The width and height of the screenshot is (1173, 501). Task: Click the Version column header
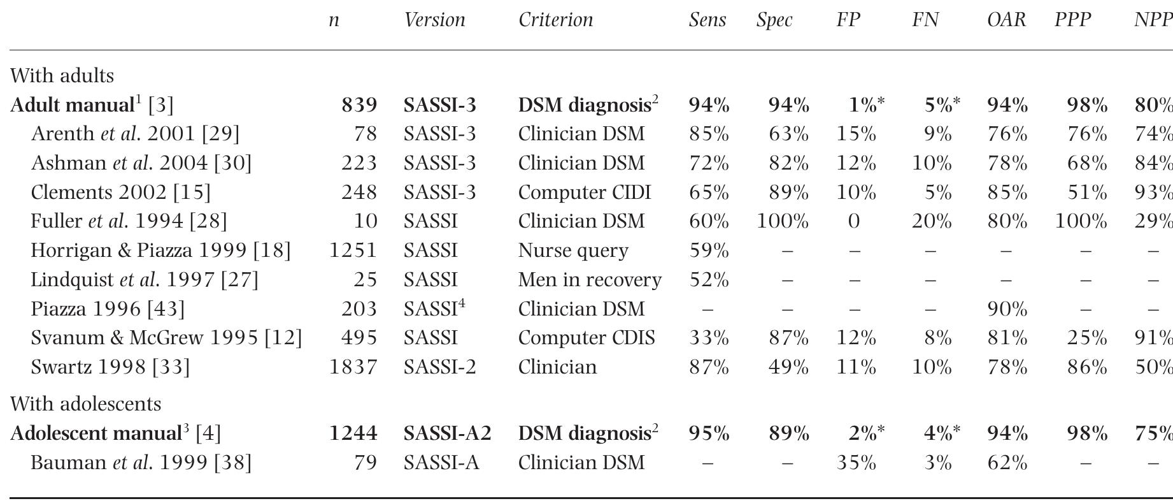[x=434, y=20]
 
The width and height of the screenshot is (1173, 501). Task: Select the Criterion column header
[x=555, y=20]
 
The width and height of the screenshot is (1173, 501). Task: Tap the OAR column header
[x=1006, y=20]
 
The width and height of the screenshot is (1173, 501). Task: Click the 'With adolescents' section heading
[x=85, y=404]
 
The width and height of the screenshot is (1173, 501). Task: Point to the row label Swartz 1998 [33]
[x=110, y=367]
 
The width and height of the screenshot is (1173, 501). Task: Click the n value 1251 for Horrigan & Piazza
[x=353, y=250]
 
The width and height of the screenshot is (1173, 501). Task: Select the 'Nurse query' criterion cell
[x=573, y=250]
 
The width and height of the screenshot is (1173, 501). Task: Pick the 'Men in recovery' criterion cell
[x=590, y=280]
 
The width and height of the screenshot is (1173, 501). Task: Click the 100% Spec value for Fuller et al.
[x=783, y=221]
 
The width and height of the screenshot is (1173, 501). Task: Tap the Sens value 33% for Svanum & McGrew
[x=708, y=338]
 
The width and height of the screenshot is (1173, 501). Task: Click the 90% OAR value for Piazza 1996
[x=1007, y=309]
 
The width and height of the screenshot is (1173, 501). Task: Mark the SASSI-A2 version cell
[x=447, y=433]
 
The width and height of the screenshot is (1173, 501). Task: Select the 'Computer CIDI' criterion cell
[x=584, y=192]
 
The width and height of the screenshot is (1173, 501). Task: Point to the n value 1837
[x=353, y=367]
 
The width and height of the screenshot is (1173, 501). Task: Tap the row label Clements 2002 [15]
[x=120, y=192]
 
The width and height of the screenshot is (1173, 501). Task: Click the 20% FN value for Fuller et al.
[x=932, y=221]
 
